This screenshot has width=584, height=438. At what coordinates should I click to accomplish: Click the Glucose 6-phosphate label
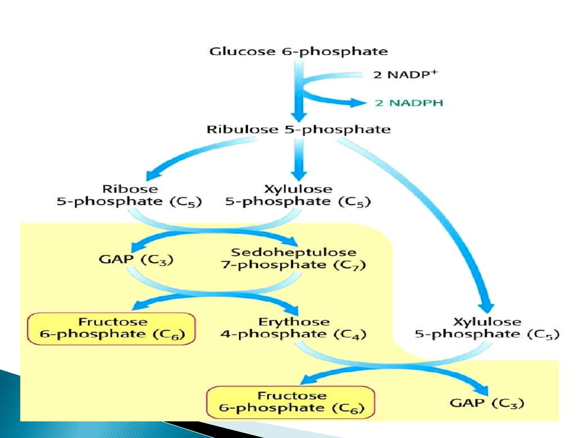pos(298,52)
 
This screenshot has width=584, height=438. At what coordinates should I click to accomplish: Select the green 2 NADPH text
pos(409,103)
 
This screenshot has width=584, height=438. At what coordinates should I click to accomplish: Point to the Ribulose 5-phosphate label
pos(298,130)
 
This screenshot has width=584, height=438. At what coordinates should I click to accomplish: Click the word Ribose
pos(130,189)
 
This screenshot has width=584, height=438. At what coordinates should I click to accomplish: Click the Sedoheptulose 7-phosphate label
pos(293,259)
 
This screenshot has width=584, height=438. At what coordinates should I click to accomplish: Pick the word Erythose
pos(294,322)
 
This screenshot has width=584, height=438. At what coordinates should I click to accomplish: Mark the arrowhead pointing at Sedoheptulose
pos(291,241)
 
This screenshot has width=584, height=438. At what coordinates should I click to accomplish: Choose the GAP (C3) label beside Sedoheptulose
pos(136,259)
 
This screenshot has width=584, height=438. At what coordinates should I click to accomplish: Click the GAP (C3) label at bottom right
pos(487,403)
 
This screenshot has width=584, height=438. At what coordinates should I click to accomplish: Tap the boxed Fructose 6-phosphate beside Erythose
pos(112,328)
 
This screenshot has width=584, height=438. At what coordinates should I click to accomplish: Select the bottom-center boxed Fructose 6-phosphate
pos(291,402)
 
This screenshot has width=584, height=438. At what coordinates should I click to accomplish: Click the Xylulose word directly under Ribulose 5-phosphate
pos(298,189)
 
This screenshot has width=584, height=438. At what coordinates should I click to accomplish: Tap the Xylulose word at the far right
pos(487,322)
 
